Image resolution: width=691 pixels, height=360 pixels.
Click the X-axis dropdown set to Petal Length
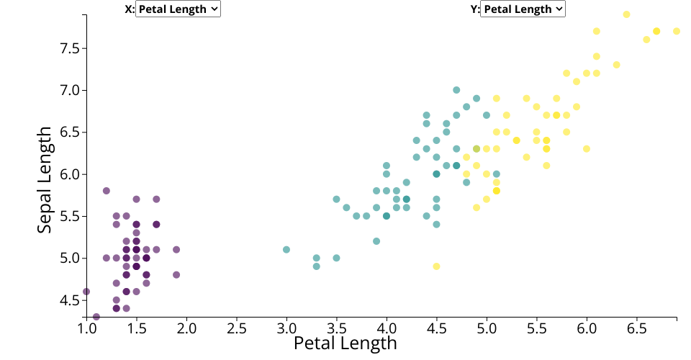[178, 9]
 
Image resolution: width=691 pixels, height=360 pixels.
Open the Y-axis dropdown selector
[523, 9]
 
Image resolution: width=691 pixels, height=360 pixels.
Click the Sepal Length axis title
[45, 179]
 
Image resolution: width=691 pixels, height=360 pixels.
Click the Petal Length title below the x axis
[345, 343]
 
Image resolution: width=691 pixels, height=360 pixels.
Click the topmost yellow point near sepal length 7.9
[627, 14]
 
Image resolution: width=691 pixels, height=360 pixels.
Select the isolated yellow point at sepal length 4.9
[436, 266]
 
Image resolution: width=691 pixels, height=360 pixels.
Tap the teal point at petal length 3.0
[286, 250]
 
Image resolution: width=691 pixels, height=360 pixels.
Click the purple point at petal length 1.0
[86, 292]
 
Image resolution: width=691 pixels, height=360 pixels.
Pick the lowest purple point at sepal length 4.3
[96, 317]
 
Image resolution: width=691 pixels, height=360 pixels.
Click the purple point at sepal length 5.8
[107, 191]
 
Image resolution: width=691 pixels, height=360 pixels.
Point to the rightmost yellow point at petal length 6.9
[677, 31]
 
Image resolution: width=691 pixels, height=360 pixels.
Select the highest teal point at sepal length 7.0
[456, 90]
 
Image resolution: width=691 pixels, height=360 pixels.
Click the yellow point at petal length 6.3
[617, 65]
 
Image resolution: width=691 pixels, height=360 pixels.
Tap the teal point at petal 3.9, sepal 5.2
[376, 241]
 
